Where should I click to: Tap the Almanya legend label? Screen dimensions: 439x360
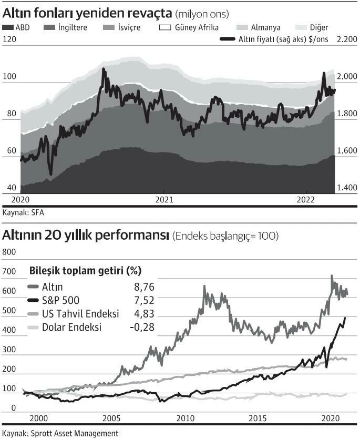pos(266,27)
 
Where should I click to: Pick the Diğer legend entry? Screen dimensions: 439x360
pos(318,27)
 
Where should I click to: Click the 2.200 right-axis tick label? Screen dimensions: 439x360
pos(346,39)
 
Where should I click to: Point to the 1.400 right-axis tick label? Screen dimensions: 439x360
pos(347,188)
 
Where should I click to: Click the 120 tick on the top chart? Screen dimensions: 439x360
pos(9,39)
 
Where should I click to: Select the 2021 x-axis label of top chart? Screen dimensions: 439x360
pos(164,200)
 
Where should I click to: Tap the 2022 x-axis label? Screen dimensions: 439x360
pos(306,200)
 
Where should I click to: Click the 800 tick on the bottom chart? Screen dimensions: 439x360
pos(9,252)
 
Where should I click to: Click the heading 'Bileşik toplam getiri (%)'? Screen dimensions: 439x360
pos(86,271)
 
